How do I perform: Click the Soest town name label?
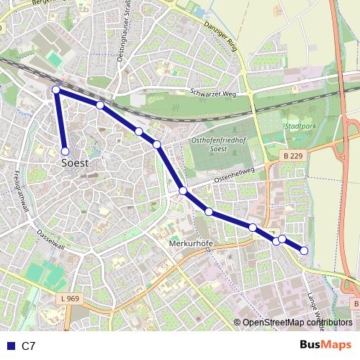tap(75, 163)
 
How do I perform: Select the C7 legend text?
tap(28, 346)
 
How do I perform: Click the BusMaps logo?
tap(326, 346)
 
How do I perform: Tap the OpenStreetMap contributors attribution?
tap(297, 323)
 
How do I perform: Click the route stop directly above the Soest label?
tap(65, 151)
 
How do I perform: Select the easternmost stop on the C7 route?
tap(304, 251)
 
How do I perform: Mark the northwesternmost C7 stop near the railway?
tap(56, 89)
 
